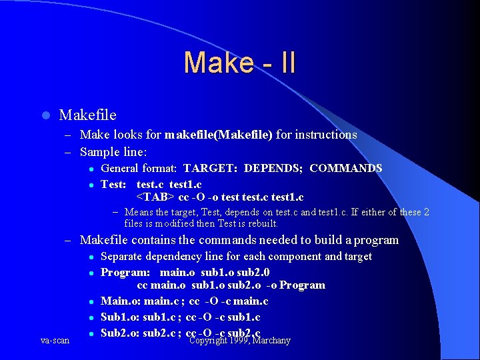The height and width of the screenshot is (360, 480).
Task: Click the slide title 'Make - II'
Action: click(239, 63)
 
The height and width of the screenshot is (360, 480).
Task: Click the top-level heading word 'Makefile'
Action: click(87, 115)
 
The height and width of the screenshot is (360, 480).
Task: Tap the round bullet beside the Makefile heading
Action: click(45, 116)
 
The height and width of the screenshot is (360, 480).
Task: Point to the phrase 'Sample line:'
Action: click(113, 151)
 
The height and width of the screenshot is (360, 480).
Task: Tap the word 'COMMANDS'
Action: click(345, 169)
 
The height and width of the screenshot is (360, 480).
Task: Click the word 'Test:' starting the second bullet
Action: click(115, 183)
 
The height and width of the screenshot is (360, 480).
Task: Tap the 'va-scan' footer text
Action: click(55, 341)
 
